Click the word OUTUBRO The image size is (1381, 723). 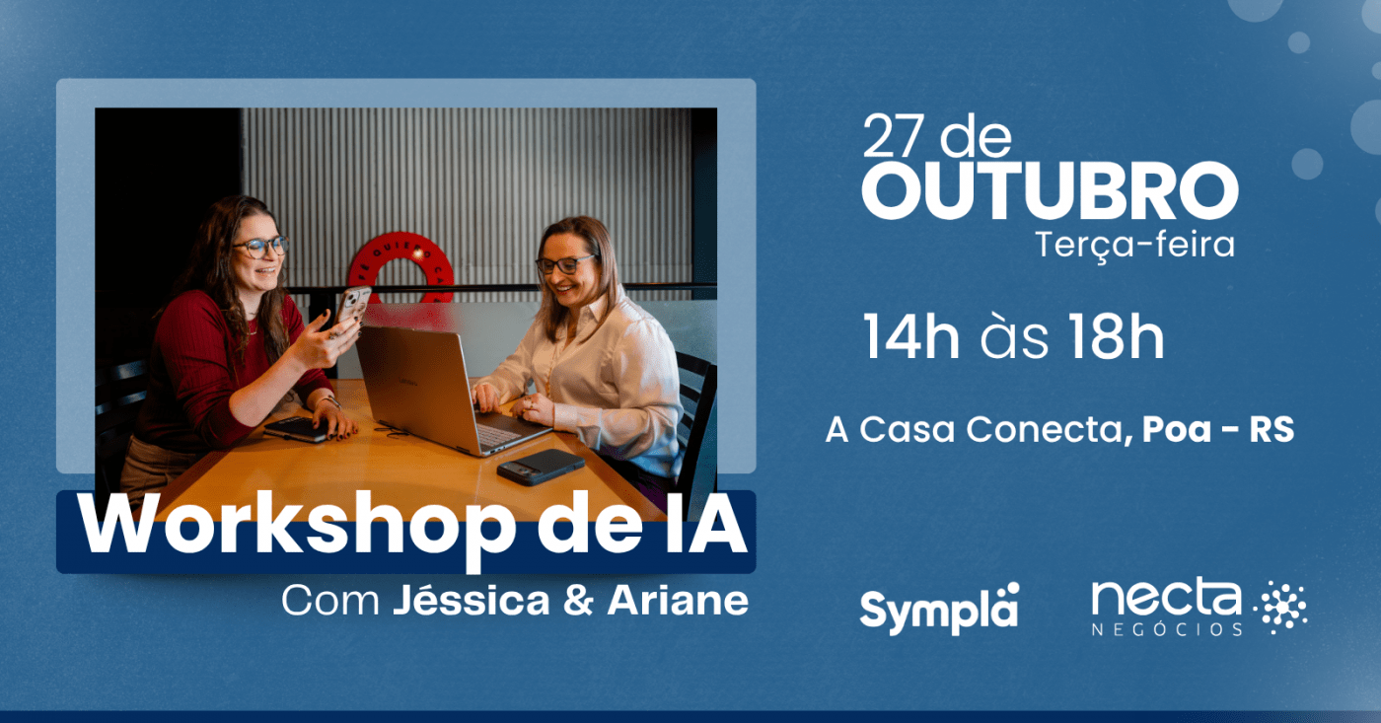(x=1050, y=190)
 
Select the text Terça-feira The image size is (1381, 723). (x=1135, y=246)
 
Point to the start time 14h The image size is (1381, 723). (x=911, y=336)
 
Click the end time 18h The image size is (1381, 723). (x=1117, y=336)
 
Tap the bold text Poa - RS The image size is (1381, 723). (x=1218, y=430)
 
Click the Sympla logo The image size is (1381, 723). (x=939, y=609)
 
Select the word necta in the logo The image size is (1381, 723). (x=1166, y=598)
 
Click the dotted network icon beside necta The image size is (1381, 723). (x=1280, y=608)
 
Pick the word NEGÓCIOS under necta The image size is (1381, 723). (x=1167, y=628)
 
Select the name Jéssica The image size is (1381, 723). (x=472, y=601)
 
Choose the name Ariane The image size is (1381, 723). (x=679, y=601)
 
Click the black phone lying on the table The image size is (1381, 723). (x=541, y=467)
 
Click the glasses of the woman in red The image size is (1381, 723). (x=261, y=247)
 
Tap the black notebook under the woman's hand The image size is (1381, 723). (x=297, y=430)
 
